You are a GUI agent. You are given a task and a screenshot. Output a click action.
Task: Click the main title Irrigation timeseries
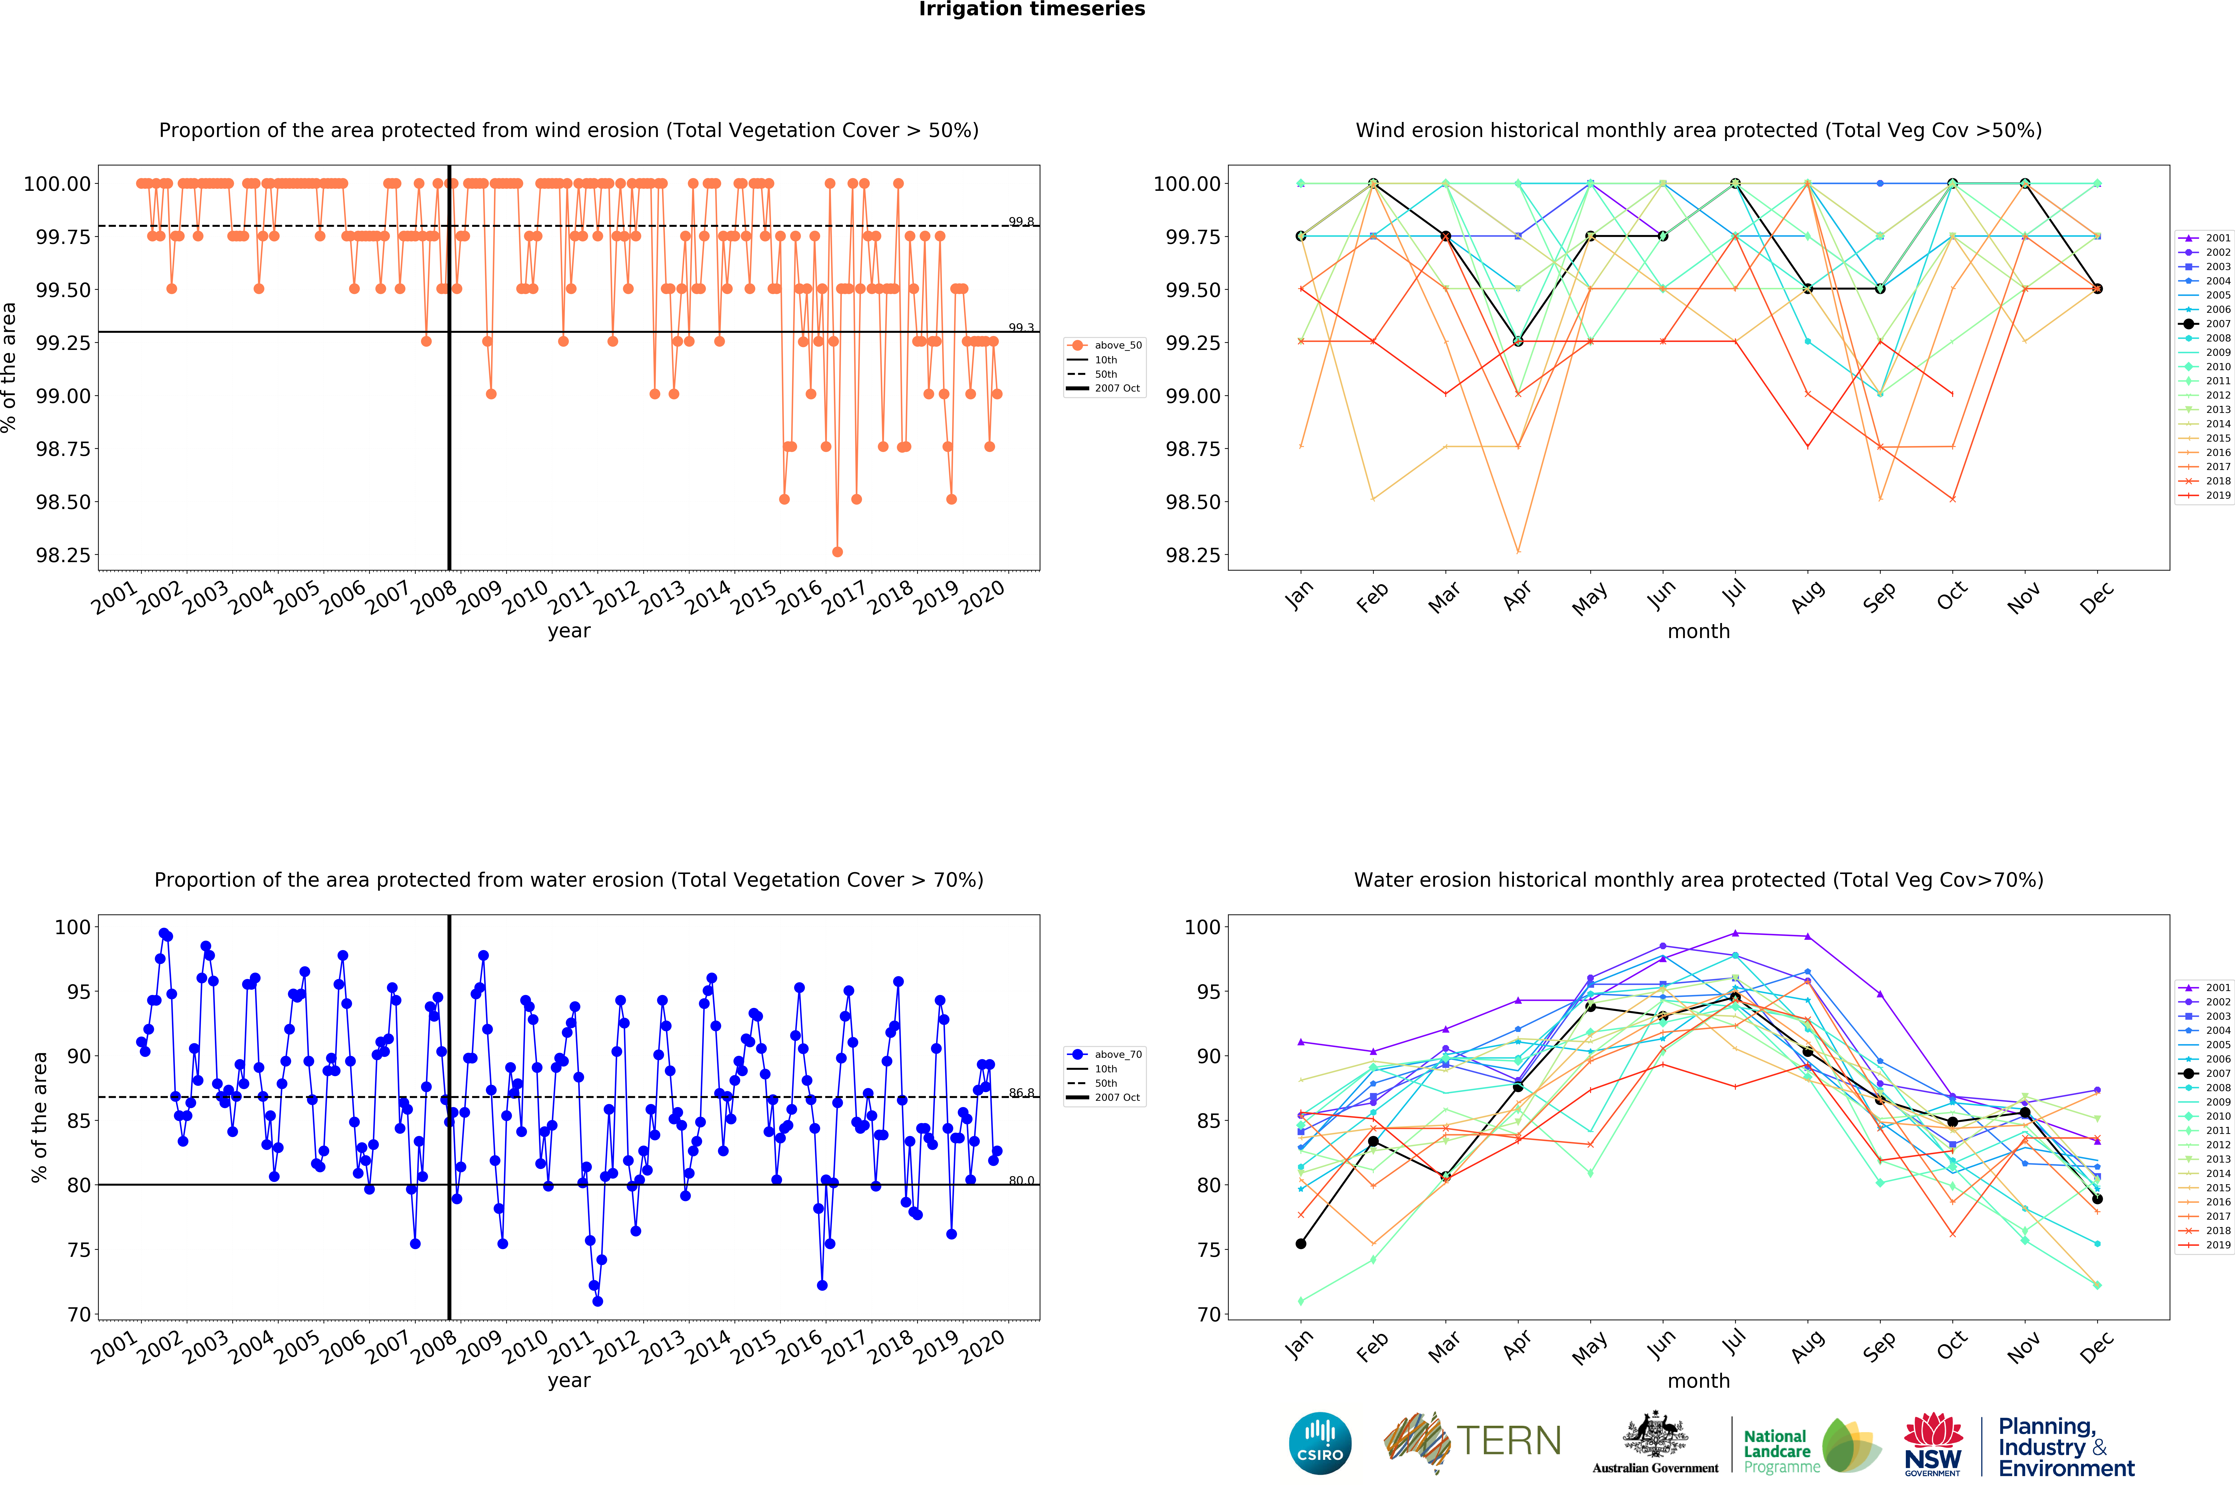click(x=1031, y=10)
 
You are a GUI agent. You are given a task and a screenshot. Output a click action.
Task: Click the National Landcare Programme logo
click(x=1810, y=1446)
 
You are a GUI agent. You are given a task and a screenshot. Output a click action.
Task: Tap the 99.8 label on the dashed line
click(x=1021, y=222)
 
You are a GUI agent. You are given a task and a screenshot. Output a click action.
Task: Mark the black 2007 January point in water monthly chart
click(x=1300, y=1243)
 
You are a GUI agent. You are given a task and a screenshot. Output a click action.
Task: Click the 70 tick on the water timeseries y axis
click(x=79, y=1314)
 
